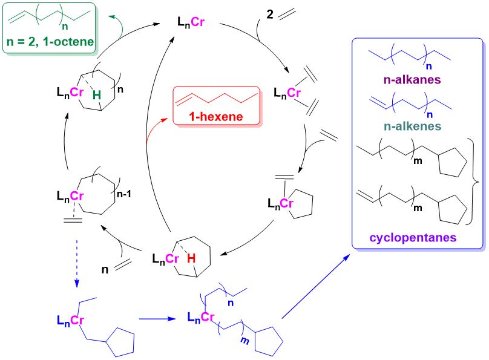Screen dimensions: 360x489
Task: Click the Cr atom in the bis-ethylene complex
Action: click(x=294, y=93)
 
